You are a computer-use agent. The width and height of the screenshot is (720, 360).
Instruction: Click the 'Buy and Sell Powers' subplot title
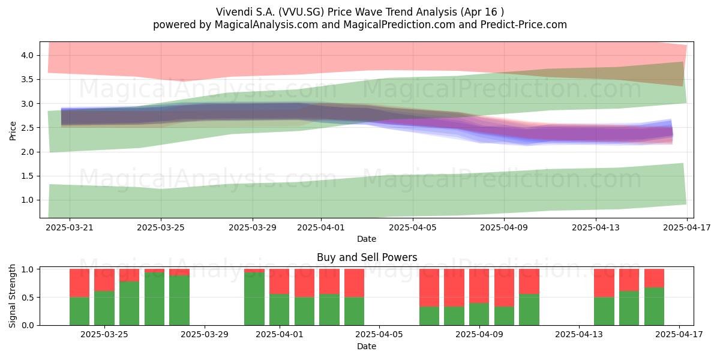click(x=367, y=257)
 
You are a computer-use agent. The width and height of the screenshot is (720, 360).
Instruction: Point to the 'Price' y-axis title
click(x=13, y=131)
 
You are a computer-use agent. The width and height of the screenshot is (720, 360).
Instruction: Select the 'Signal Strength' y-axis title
click(x=12, y=296)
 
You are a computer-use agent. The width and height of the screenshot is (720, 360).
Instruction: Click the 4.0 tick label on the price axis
click(x=28, y=55)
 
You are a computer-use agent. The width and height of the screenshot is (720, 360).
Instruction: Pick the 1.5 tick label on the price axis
click(x=28, y=176)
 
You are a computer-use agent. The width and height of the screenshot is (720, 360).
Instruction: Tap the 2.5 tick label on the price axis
click(x=28, y=128)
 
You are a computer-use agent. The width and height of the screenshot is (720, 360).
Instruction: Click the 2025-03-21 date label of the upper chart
click(x=70, y=227)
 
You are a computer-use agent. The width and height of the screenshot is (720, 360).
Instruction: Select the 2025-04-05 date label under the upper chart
click(x=413, y=227)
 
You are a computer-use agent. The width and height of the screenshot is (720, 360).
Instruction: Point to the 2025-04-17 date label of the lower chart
click(x=679, y=335)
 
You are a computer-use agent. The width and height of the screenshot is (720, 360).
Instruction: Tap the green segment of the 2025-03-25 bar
click(x=104, y=308)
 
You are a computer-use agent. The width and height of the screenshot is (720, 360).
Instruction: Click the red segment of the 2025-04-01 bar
click(x=280, y=281)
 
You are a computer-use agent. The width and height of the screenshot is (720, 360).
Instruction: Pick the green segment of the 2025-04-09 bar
click(x=479, y=314)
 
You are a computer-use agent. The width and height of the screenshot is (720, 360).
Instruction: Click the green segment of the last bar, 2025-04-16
click(x=655, y=307)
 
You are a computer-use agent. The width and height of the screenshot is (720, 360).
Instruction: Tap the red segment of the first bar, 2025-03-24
click(x=79, y=283)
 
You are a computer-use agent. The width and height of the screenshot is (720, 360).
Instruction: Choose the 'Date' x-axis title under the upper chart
click(x=367, y=239)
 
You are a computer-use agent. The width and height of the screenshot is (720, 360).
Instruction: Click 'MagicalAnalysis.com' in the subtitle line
click(x=266, y=25)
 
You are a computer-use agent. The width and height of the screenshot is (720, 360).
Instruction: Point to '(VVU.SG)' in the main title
click(x=301, y=12)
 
